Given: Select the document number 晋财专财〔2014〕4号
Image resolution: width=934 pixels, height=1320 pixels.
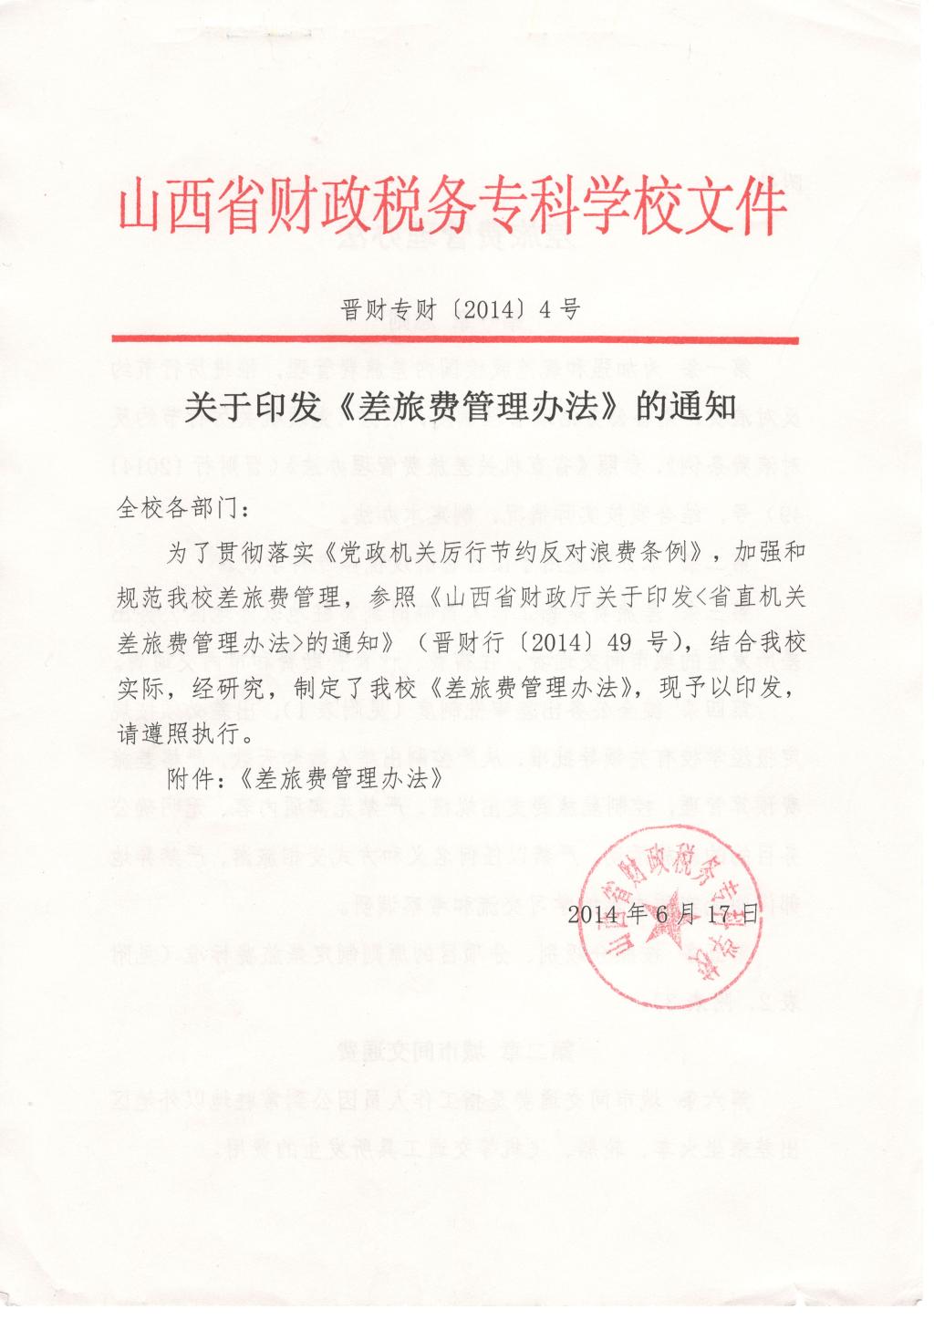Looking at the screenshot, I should (461, 310).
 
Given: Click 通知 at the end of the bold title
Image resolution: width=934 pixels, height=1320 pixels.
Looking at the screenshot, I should (698, 407).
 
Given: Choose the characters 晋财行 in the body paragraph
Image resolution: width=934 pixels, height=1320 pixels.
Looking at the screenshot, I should (465, 644).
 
